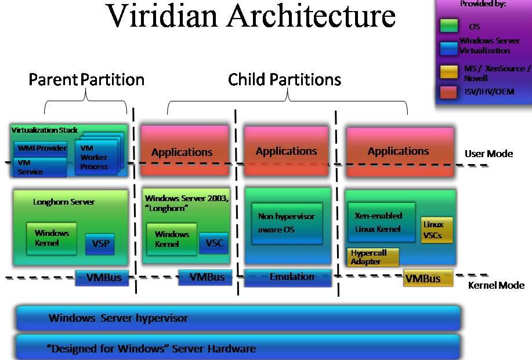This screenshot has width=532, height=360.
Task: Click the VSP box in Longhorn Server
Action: [100, 244]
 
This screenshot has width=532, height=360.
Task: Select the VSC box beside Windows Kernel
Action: [213, 243]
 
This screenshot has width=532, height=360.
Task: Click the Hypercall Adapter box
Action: [375, 257]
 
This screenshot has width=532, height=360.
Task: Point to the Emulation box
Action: [288, 277]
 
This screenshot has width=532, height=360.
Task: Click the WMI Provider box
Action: [39, 147]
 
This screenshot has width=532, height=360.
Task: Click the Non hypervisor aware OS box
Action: [286, 223]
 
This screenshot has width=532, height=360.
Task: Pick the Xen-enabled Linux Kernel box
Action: [381, 222]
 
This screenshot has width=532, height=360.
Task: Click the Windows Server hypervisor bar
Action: [238, 318]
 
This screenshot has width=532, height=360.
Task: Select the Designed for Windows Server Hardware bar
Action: [238, 348]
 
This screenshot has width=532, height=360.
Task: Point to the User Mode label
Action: [488, 154]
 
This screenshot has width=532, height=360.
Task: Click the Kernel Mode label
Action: [496, 285]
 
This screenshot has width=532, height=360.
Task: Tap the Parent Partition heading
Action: [86, 79]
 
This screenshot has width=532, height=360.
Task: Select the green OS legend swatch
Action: [448, 26]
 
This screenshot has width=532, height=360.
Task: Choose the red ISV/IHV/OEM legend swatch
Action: [448, 92]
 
